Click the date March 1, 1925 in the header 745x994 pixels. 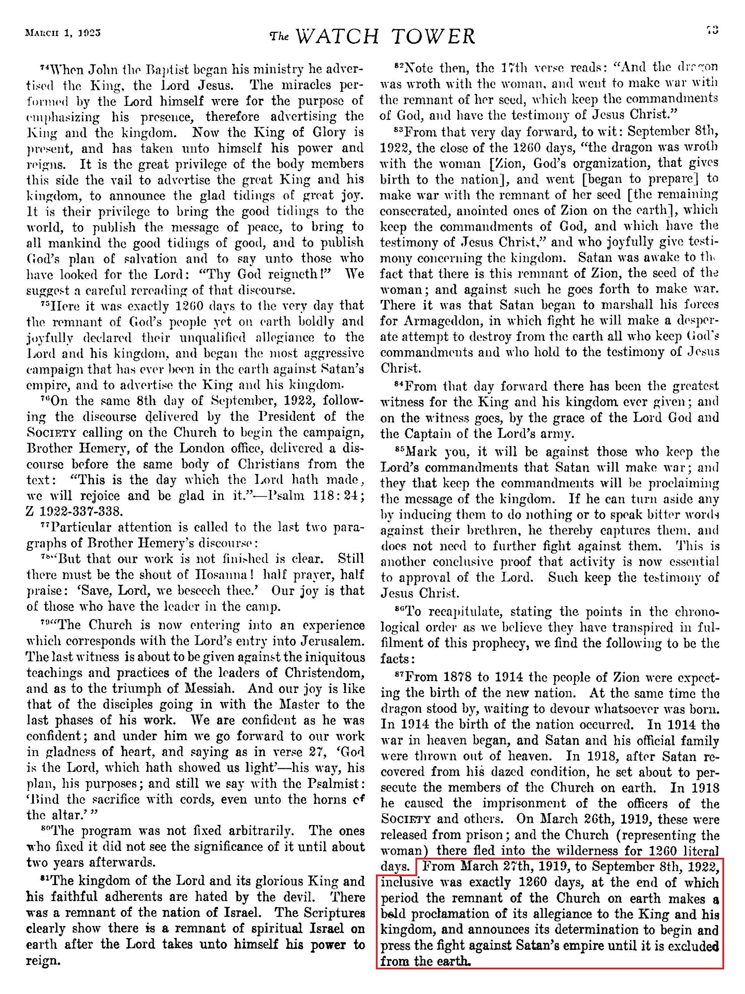(x=64, y=33)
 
